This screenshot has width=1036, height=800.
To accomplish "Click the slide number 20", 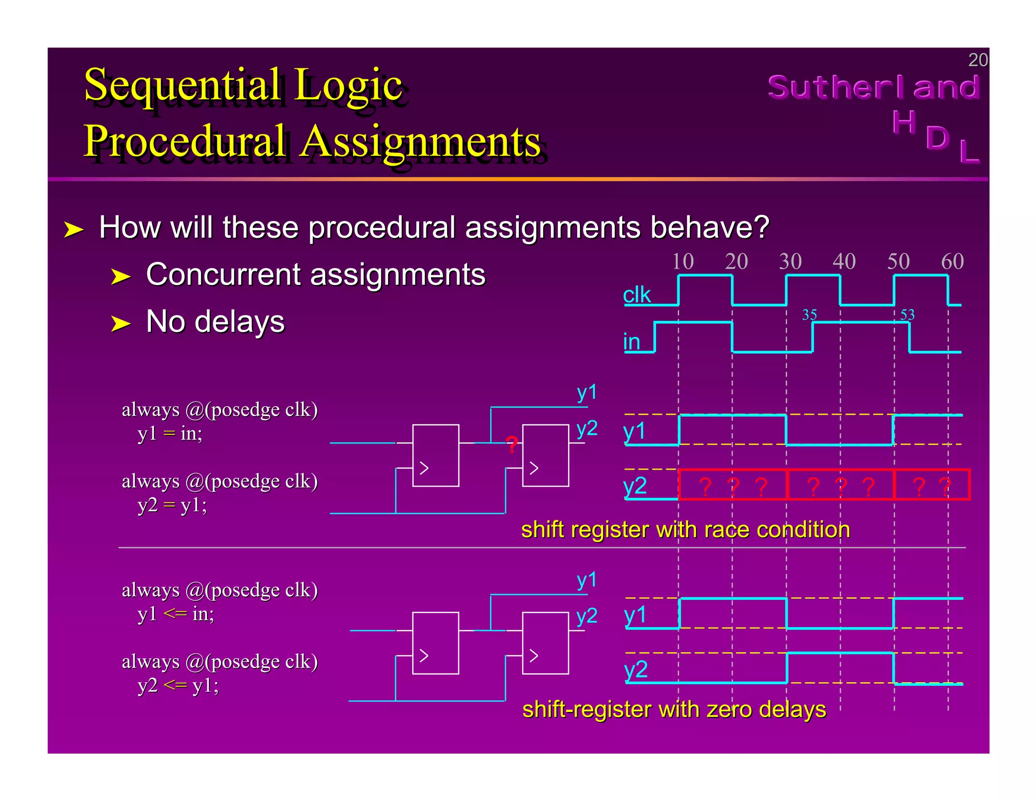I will coord(977,60).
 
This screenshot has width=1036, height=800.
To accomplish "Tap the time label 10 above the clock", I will coord(682,261).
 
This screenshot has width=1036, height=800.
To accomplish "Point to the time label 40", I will coord(844,261).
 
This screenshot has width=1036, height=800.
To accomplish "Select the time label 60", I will coord(952,261).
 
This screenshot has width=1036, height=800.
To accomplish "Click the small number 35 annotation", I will coord(809,315).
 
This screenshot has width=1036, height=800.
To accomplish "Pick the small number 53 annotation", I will coord(907,315).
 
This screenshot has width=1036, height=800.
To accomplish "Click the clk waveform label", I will coord(636,294).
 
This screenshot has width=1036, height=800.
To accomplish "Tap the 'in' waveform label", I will coord(632,342).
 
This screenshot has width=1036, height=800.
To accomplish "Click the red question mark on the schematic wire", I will coord(512,445).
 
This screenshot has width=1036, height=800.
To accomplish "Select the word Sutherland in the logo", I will coord(873,87).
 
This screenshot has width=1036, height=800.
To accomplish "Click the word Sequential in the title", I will coord(182,84).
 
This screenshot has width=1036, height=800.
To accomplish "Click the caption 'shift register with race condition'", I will coord(685,529).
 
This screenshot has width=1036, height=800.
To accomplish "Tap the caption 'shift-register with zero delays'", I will coord(674,709).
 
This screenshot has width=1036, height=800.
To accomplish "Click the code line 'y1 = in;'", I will coord(169,433).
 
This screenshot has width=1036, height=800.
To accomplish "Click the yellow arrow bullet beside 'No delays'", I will coord(120,324).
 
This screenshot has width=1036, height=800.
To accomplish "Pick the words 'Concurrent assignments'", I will coord(315,275).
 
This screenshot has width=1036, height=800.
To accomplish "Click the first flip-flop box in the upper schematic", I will coord(436,455).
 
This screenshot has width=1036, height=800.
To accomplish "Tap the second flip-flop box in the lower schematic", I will coord(545,643).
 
